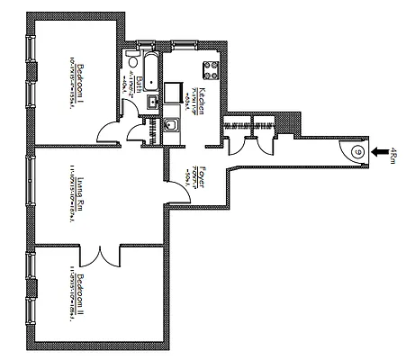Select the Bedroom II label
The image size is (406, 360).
tap(80, 292)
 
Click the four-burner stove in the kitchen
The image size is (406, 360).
tap(211, 67)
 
